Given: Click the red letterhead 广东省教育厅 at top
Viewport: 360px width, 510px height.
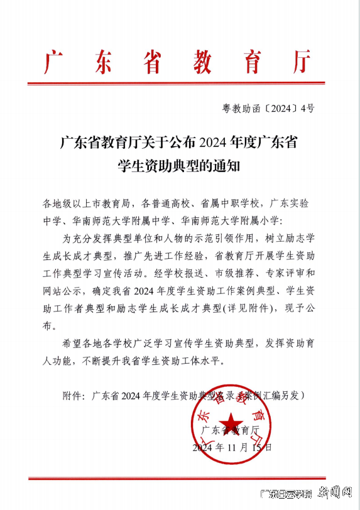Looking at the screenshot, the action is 178,61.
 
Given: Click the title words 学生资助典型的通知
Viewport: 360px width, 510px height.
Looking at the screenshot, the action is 178,166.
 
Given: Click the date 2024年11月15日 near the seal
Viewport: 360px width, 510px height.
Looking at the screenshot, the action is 232,448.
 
